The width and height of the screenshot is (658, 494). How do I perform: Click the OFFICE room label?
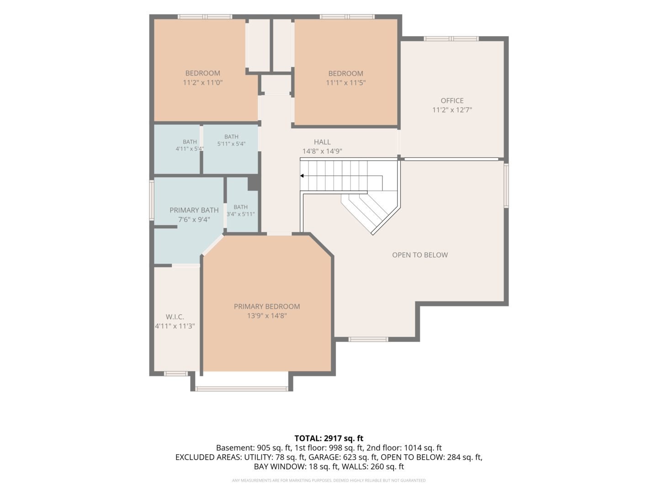tap(452, 101)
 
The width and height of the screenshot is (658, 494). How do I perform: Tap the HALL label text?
tap(322, 142)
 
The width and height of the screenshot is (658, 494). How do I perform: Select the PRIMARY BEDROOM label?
tap(267, 306)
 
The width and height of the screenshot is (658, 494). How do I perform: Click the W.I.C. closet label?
tap(175, 317)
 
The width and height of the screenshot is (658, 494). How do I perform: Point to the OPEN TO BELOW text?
tap(420, 255)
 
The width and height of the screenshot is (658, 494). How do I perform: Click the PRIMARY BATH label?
tap(194, 210)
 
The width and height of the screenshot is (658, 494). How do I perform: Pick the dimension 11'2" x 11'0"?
tap(202, 82)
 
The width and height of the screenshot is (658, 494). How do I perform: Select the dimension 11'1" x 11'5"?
tap(345, 82)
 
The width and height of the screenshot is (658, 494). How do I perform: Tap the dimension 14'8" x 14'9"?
tap(322, 151)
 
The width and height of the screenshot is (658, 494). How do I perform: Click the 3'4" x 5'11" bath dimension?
tap(241, 214)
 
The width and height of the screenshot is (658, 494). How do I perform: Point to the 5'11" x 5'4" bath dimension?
tap(231, 144)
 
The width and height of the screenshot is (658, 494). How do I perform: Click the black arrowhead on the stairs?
tap(302, 176)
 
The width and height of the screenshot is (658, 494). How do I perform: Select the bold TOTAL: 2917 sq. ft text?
tap(329, 438)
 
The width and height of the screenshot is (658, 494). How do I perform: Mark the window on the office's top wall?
tap(451, 38)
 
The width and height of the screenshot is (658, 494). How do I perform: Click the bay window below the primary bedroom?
tap(242, 389)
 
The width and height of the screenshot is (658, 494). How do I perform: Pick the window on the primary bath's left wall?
tap(152, 200)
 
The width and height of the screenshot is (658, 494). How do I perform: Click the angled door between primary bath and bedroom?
tap(213, 245)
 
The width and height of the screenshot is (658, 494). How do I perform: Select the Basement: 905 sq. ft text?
tap(253, 448)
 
